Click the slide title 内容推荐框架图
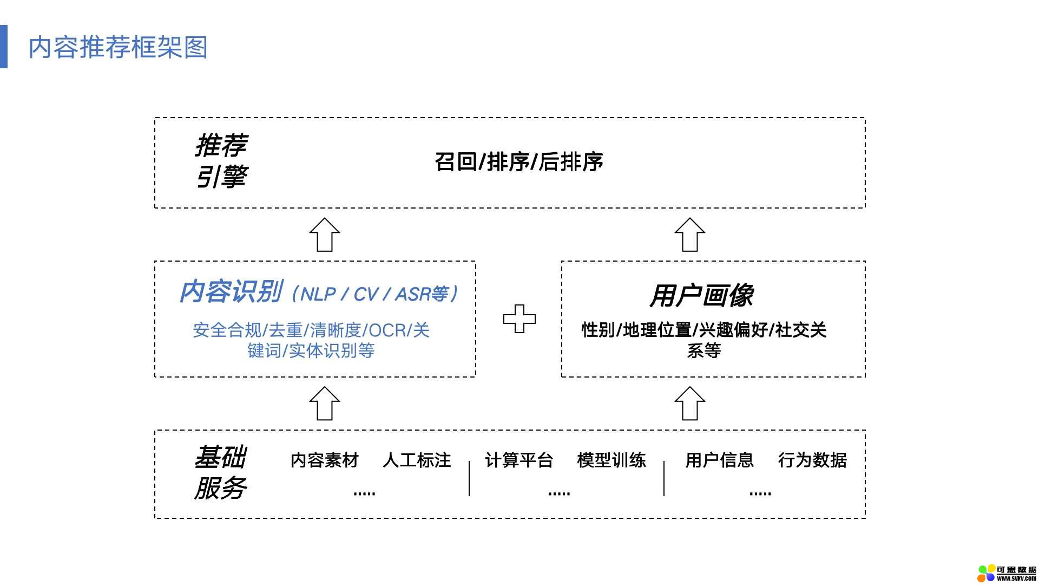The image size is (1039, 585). coord(118,47)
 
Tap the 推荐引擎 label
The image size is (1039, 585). coord(221,161)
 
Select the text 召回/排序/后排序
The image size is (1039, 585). coord(518,161)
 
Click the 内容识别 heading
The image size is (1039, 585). coord(231,292)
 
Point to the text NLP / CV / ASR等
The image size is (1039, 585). coord(374,294)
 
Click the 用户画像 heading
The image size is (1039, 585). coord(702,296)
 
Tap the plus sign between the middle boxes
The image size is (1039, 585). coord(519,318)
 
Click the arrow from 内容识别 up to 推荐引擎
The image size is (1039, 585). coord(325,235)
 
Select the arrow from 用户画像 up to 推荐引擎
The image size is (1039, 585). coord(690,235)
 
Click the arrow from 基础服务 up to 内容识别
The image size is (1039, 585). coord(325,404)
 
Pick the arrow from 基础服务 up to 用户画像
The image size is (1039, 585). coord(690,404)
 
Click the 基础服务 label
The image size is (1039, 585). coord(221,472)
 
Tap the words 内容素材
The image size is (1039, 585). coord(325,460)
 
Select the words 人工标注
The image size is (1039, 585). coord(417,460)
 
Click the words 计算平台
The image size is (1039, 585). coord(519,460)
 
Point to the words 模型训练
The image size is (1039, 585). coord(611,460)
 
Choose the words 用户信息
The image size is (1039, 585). coord(719,460)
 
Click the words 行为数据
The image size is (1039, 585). coord(812,460)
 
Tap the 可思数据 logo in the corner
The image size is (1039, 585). coord(1007,573)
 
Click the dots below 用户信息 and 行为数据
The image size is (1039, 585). coord(760,493)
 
